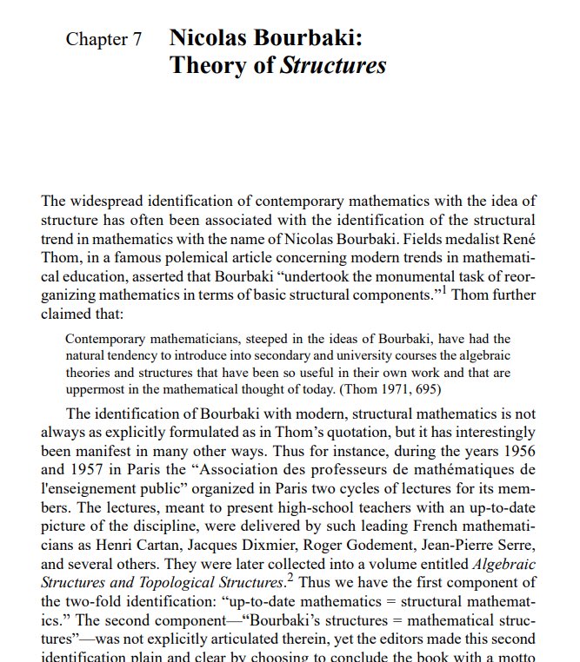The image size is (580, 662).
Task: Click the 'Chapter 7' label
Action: [104, 41]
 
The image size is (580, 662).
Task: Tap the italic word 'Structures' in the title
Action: [333, 66]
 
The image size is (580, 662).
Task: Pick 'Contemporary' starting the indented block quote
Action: [106, 338]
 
